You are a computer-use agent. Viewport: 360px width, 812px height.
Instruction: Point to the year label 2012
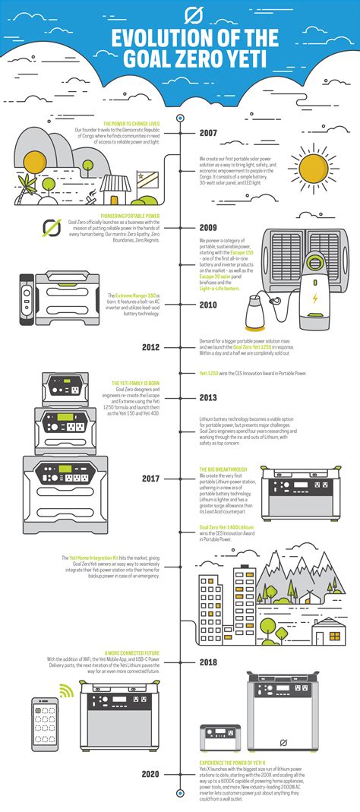(x=150, y=347)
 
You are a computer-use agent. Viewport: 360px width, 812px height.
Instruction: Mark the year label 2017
(x=150, y=479)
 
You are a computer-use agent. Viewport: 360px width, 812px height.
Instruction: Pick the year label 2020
(x=150, y=773)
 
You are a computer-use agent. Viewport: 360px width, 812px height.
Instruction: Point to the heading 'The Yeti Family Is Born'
(x=136, y=381)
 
